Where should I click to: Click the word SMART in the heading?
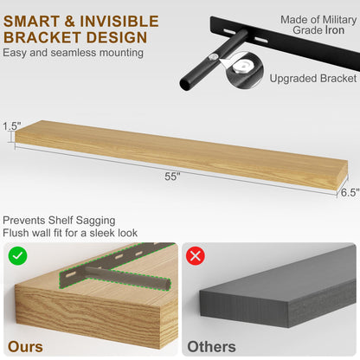point(31,22)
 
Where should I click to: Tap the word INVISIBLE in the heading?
point(119,22)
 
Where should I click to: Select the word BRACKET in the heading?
point(42,37)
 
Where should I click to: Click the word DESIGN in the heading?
point(117,37)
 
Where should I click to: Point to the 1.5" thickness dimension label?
point(12,126)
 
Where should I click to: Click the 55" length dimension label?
point(172,177)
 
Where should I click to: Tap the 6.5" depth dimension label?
point(350,192)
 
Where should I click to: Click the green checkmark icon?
point(17,256)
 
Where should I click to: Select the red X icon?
point(196,256)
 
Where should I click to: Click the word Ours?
point(25,346)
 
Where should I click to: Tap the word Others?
point(211,346)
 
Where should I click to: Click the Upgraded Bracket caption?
point(313,79)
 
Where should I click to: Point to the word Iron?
point(335,30)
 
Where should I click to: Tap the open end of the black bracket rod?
point(185,85)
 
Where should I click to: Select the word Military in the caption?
point(339,20)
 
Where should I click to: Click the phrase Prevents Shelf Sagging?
point(59,221)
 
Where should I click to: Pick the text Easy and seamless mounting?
point(73,53)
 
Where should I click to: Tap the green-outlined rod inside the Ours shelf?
point(127,279)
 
